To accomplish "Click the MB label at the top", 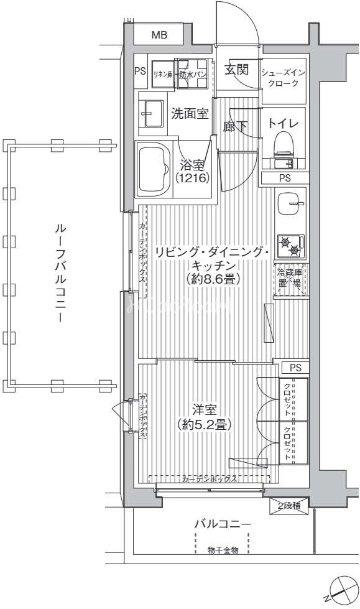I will click(x=159, y=35).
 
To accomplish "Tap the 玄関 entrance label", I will click(x=236, y=69).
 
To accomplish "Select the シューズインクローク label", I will click(x=284, y=77).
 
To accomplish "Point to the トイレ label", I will click(x=284, y=123).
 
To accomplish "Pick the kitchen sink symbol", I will click(x=290, y=203).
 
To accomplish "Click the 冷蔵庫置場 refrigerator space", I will click(x=290, y=277).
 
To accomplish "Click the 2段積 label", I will click(x=288, y=506).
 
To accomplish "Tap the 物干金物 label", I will click(x=223, y=550).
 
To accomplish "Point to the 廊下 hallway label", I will click(x=236, y=126).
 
